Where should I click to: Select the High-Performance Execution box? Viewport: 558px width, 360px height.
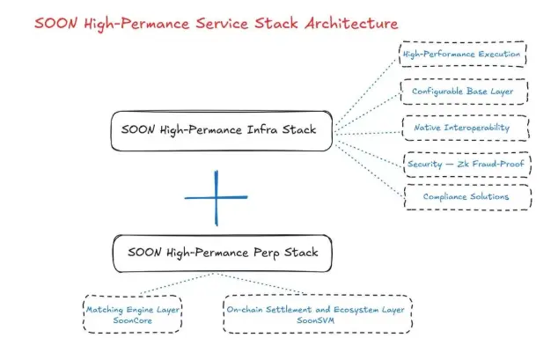point(462,55)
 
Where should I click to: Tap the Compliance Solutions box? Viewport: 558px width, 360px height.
point(466,196)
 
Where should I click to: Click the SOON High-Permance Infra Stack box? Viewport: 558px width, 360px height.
point(226,130)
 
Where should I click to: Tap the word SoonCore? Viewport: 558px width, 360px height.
point(133,321)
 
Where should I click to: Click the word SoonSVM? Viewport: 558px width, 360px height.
point(317,321)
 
